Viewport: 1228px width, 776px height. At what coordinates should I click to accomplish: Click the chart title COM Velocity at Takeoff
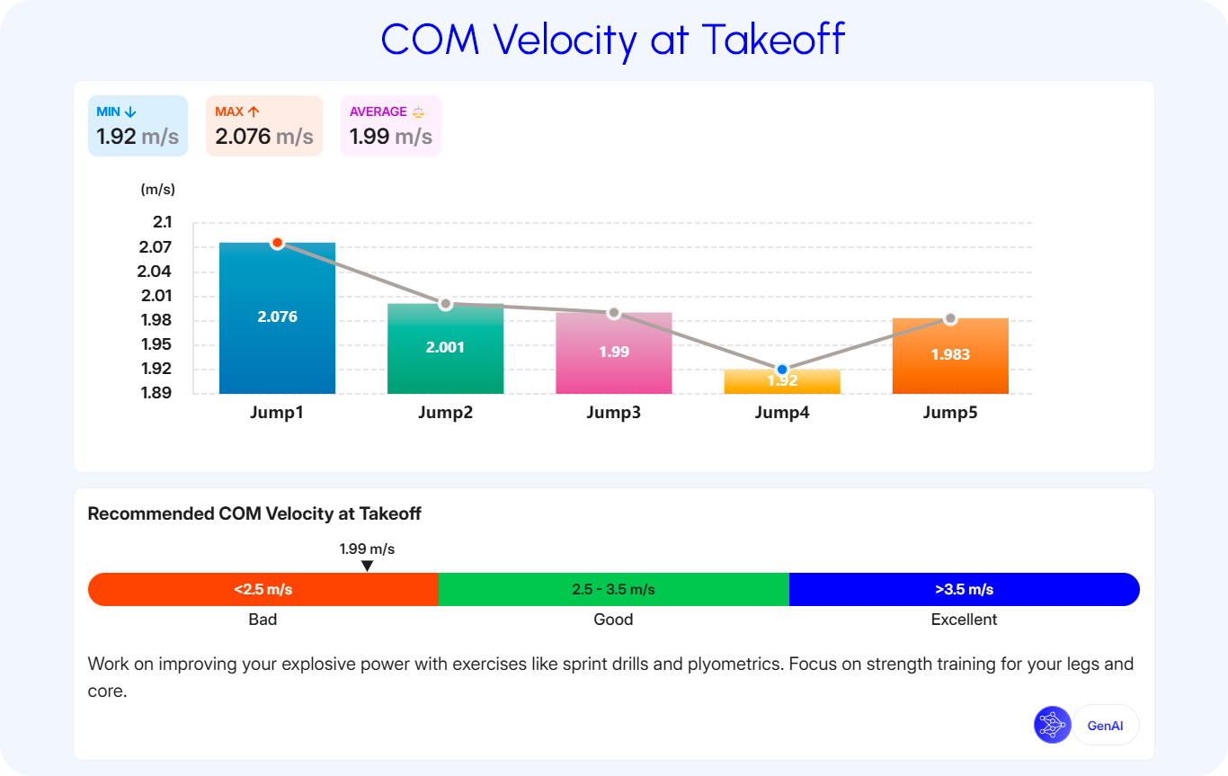613,40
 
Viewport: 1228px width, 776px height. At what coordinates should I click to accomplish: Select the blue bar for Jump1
278,318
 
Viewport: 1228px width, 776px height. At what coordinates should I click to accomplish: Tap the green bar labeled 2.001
446,348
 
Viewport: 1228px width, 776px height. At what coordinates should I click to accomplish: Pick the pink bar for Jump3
614,352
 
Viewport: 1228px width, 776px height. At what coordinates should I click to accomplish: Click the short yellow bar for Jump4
782,381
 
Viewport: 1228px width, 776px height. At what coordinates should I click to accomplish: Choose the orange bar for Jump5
950,356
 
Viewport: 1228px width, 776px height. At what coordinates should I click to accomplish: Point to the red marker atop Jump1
278,243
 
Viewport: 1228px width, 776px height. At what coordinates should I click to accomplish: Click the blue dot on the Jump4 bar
782,369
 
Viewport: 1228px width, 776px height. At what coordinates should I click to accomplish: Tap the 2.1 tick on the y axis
163,222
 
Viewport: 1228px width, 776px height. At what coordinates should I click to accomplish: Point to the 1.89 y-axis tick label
156,393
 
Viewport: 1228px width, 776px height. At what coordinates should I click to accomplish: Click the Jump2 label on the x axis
446,413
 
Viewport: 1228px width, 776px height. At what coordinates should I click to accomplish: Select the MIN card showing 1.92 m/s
138,126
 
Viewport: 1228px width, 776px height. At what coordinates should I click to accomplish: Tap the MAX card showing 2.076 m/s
264,126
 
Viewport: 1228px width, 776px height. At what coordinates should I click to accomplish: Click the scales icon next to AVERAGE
418,111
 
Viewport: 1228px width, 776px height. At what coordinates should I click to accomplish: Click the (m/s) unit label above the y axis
158,189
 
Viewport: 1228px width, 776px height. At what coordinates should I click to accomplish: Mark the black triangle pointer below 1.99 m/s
368,566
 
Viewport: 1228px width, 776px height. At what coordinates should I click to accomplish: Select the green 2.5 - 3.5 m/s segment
613,590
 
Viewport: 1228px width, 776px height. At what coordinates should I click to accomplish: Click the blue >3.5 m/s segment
965,590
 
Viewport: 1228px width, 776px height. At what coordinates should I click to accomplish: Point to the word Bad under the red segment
263,620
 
